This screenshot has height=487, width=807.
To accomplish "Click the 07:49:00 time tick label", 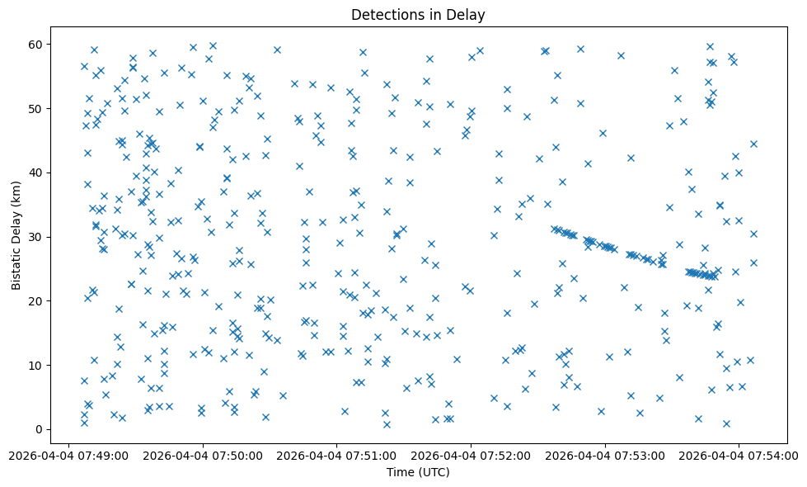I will (x=68, y=454).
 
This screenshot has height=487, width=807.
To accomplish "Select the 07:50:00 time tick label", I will (x=203, y=454).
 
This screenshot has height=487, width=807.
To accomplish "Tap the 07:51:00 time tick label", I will (x=336, y=454).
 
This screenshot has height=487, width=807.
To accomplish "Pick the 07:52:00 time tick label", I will (x=471, y=454).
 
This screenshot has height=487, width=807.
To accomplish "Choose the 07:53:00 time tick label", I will (x=605, y=454).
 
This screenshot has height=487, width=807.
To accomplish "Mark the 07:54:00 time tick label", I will (x=739, y=454).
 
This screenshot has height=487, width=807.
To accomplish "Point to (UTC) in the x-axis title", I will (x=434, y=473).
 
